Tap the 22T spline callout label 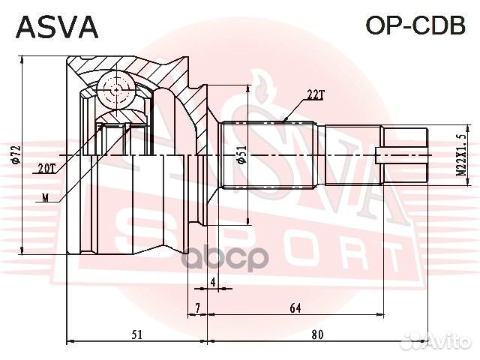coord(316,94)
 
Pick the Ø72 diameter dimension coord(15,156)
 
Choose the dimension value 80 coord(316,334)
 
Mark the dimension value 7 coord(196,307)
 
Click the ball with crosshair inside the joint coord(115,91)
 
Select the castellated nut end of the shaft coord(405,155)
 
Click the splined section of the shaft coord(270,155)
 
